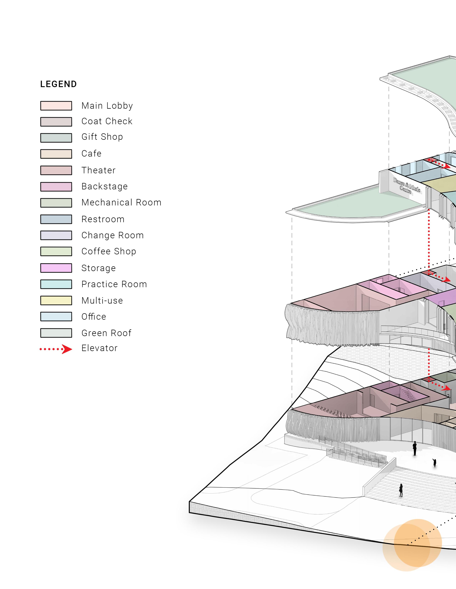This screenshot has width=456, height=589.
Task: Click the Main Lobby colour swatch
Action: (56, 106)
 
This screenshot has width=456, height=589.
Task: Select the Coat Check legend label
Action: (107, 121)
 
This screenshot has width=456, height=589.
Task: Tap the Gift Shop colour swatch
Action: (56, 138)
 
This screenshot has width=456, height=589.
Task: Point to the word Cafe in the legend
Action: (91, 153)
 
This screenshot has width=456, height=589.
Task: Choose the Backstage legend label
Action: (104, 186)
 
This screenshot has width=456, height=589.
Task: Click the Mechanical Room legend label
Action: (121, 203)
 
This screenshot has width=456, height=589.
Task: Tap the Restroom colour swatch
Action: (56, 219)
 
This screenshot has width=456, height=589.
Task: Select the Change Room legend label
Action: (112, 235)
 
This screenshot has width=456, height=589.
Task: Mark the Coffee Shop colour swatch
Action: (56, 251)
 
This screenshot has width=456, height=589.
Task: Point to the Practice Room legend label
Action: (114, 284)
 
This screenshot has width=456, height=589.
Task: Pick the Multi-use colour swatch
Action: (56, 300)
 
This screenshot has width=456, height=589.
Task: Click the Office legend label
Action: (94, 317)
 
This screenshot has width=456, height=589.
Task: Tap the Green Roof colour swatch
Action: (56, 333)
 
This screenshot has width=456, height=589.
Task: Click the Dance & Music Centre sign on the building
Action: (406, 185)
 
